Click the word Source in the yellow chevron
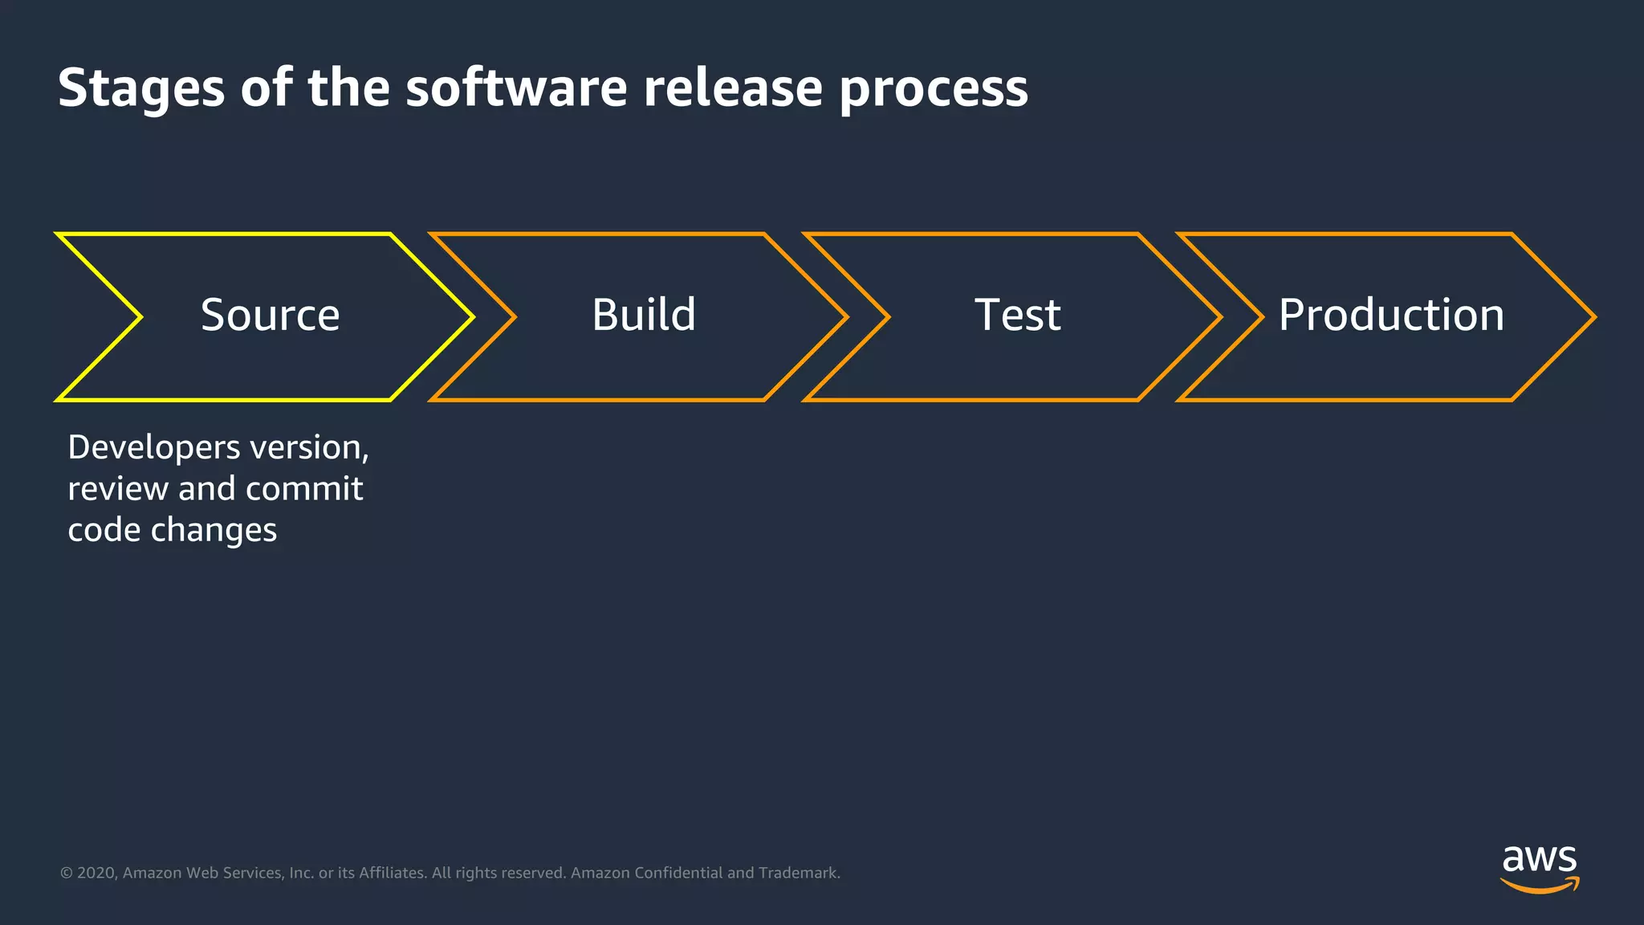click(270, 315)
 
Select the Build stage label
click(644, 315)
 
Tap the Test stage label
click(1017, 315)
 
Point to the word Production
click(1391, 315)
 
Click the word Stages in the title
click(140, 88)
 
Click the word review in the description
click(117, 489)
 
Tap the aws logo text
click(1539, 860)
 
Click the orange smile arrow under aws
click(1539, 886)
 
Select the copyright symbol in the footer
click(67, 873)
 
